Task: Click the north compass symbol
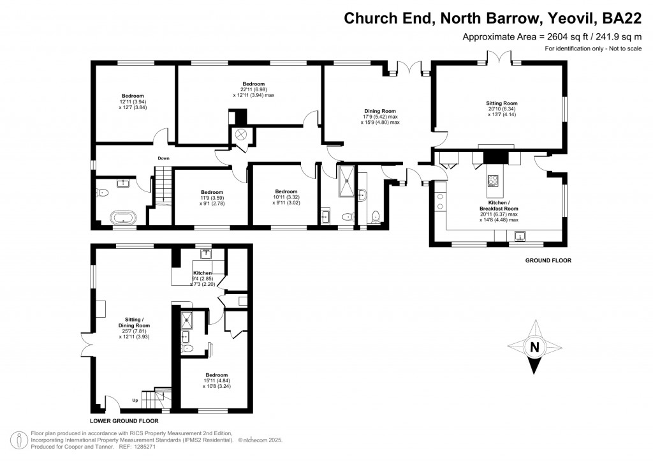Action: pyautogui.click(x=534, y=348)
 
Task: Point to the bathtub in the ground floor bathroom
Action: pyautogui.click(x=123, y=218)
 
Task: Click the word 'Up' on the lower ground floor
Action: pyautogui.click(x=135, y=400)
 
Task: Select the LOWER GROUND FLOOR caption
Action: pyautogui.click(x=124, y=421)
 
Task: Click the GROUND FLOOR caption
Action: pyautogui.click(x=548, y=260)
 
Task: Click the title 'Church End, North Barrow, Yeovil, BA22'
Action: pyautogui.click(x=492, y=18)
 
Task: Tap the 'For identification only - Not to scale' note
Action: pyautogui.click(x=592, y=49)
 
